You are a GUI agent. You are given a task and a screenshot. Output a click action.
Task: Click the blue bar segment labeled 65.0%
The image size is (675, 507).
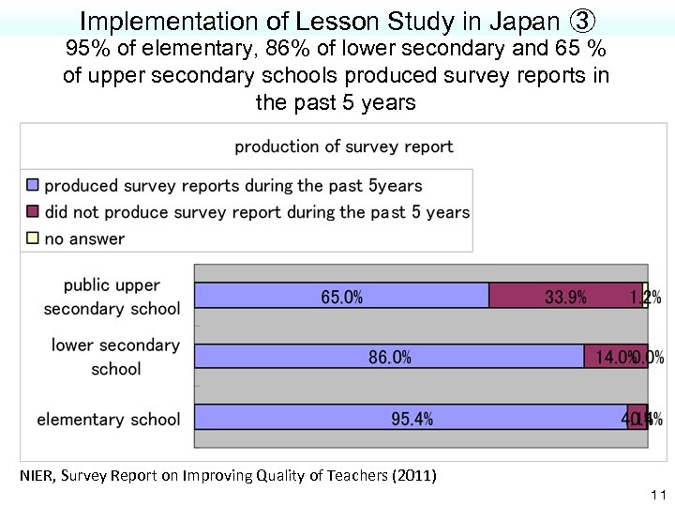[x=341, y=296]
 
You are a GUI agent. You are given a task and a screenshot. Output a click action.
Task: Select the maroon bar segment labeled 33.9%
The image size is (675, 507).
[x=565, y=296]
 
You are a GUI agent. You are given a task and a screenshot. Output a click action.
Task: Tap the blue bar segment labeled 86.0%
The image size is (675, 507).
[x=389, y=357]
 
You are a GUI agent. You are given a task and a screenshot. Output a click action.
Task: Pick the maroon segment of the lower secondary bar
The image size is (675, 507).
[x=615, y=357]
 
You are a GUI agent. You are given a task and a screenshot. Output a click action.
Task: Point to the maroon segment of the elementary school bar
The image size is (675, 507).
[x=637, y=418]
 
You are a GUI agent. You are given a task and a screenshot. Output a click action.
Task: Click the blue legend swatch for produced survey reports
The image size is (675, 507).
[x=32, y=186]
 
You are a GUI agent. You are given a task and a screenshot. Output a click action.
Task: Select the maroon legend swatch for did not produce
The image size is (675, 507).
[x=32, y=212]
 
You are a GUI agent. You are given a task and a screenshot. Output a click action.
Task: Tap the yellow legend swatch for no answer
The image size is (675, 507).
[x=32, y=238]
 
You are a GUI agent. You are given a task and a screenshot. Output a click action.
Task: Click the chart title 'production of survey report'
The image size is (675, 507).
[x=343, y=146]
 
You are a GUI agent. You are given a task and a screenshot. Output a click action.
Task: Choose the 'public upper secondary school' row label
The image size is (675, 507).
[x=112, y=297]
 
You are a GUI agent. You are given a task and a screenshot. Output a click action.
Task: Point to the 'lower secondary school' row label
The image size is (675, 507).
[x=115, y=357]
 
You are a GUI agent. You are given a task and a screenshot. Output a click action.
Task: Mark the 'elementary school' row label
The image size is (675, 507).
[x=108, y=419]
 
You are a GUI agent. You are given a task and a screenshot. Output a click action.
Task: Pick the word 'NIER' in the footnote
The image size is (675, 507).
[x=37, y=476]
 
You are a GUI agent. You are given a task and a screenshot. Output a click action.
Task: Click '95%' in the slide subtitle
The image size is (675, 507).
[x=86, y=49]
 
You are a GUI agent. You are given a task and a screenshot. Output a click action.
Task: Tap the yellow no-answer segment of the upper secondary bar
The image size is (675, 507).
[x=646, y=296]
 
